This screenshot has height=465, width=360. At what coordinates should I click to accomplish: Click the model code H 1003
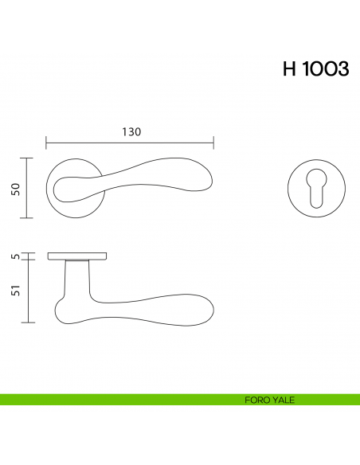(x=315, y=69)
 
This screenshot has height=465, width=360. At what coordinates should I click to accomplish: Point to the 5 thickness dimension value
(x=14, y=256)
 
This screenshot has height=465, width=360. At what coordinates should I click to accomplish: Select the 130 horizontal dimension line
(x=130, y=143)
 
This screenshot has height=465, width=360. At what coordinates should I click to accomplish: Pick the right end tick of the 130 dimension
(x=213, y=143)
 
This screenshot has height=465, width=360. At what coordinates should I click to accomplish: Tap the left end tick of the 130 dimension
(x=46, y=143)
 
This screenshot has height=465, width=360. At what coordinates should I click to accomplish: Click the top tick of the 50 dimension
(x=29, y=158)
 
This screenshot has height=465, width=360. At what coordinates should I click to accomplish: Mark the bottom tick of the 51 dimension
(x=29, y=322)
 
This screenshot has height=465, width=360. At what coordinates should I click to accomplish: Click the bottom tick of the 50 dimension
(x=29, y=218)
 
